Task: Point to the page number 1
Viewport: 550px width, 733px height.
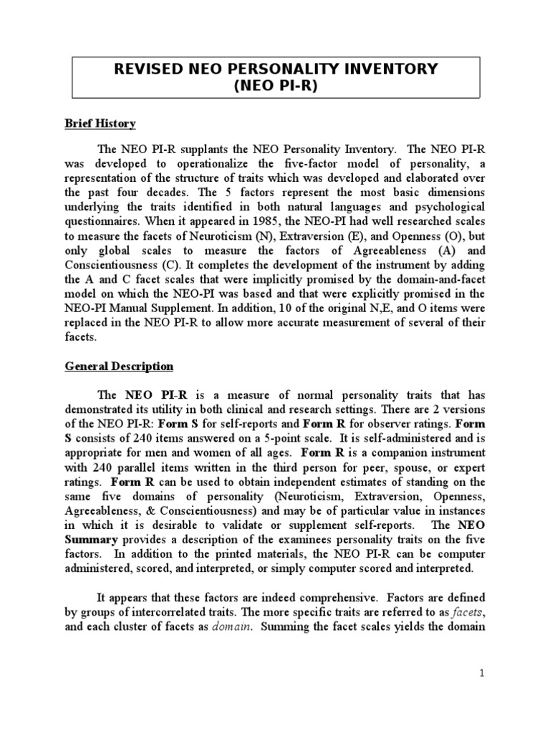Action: coord(483,674)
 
